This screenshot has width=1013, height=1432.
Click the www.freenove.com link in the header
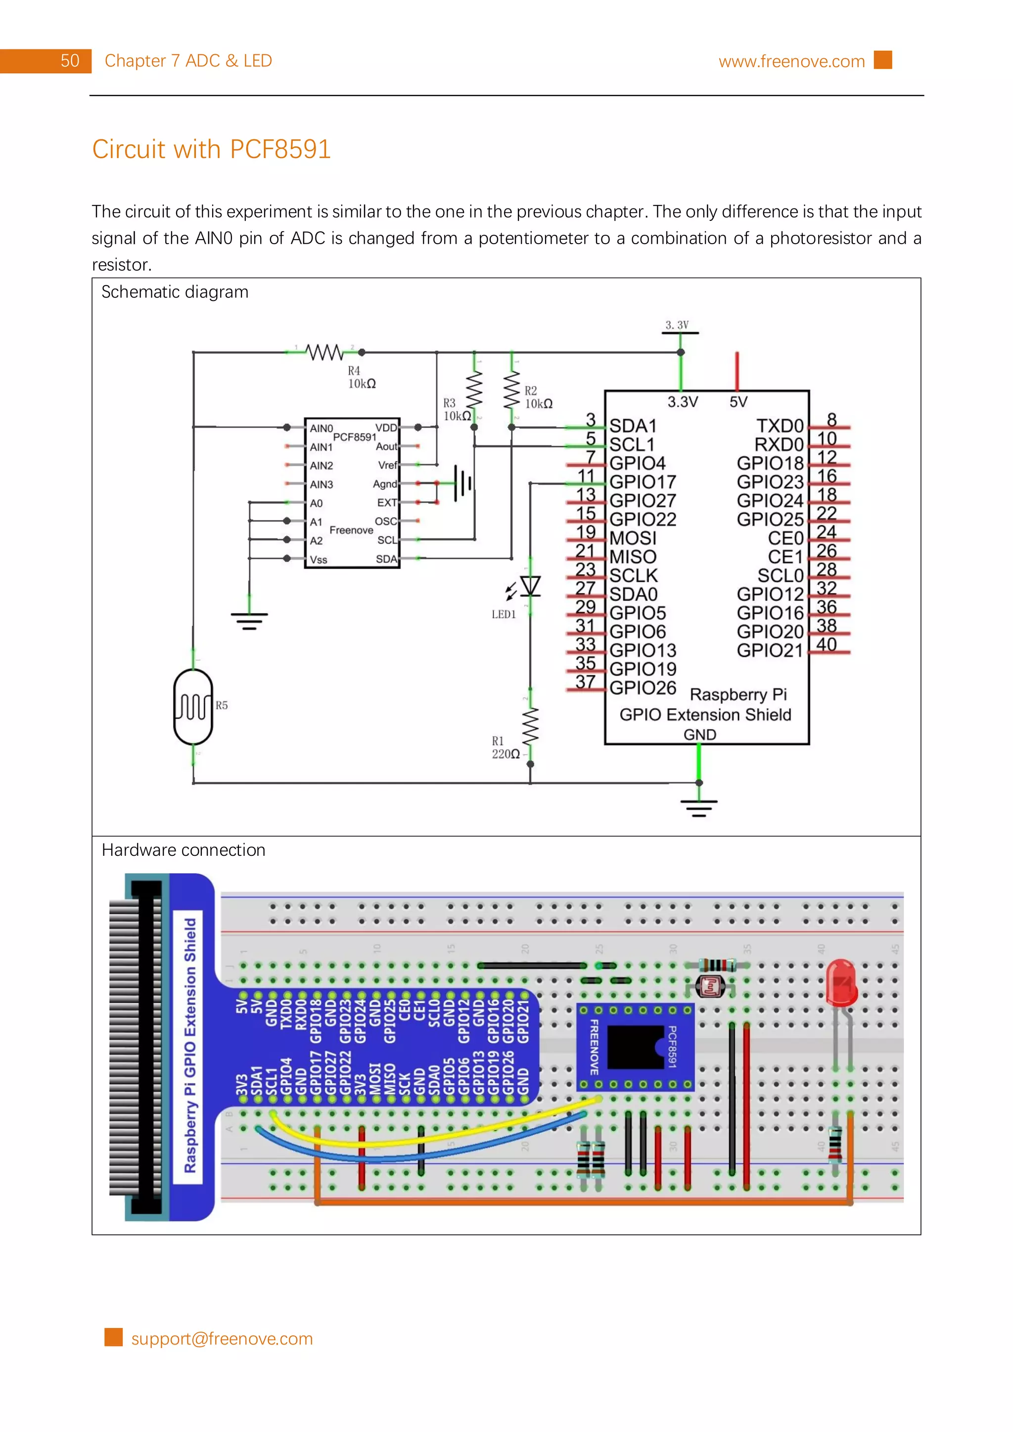[791, 61]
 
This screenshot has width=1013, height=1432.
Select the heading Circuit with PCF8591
[211, 149]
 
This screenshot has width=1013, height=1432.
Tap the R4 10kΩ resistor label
[362, 378]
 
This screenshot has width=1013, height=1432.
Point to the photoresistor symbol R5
[193, 707]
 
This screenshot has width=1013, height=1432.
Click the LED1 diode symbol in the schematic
[530, 586]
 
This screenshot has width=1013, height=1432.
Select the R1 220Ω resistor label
[505, 748]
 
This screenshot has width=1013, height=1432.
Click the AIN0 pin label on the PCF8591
[322, 428]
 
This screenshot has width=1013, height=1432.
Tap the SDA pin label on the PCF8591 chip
[386, 559]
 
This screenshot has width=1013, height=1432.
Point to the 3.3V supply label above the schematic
[677, 325]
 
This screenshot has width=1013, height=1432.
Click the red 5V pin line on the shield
[737, 371]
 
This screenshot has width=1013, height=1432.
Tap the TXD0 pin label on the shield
[779, 426]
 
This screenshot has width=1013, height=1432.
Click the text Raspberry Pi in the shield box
[738, 694]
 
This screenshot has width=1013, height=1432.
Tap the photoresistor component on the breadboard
[710, 987]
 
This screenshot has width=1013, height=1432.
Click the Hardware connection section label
[183, 850]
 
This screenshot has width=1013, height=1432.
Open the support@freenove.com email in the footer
[222, 1339]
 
